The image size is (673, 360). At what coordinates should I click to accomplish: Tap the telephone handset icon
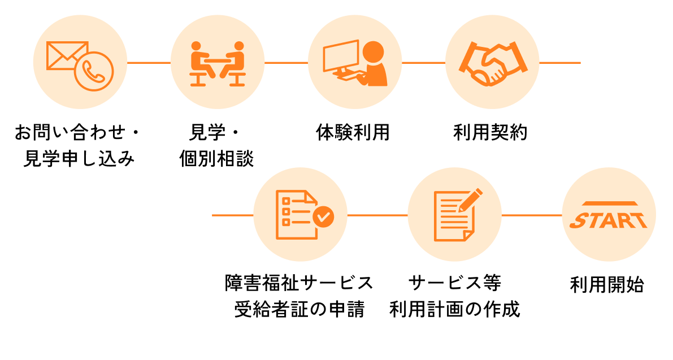(93, 71)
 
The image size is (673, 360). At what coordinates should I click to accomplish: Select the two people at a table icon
(218, 63)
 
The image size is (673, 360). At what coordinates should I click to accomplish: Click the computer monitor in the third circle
(340, 57)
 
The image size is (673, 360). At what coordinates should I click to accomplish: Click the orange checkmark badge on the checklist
(323, 215)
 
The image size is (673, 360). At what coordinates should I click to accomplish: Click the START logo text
(609, 219)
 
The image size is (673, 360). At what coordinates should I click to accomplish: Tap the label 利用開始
(607, 284)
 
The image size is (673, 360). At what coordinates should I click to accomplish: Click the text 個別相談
(216, 159)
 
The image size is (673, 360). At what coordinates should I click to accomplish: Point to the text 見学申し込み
(79, 159)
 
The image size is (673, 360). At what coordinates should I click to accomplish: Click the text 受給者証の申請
(299, 310)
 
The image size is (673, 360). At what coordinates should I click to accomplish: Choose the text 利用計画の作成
(454, 310)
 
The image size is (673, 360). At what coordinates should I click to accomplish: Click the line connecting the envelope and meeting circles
(149, 63)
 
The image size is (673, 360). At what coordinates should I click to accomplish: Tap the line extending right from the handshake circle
(560, 63)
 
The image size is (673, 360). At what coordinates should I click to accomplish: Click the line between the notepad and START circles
(532, 215)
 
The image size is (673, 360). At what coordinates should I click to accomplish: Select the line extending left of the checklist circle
(232, 215)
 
